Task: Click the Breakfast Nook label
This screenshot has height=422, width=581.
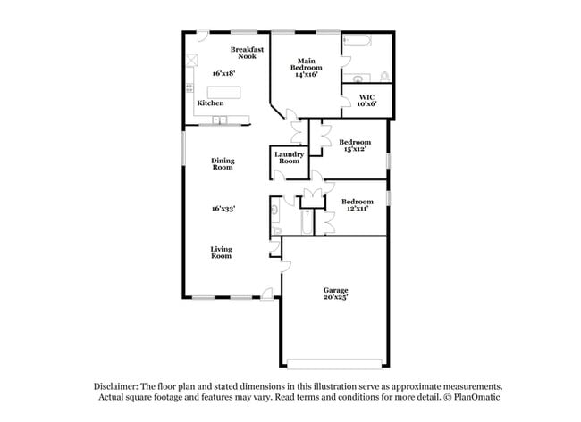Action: (x=247, y=53)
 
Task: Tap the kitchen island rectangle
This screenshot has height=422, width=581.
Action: (x=223, y=92)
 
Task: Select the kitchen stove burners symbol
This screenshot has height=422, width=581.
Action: (x=189, y=88)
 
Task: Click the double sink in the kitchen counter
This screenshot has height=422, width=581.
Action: (x=219, y=120)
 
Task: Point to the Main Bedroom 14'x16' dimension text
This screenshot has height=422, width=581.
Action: (x=307, y=74)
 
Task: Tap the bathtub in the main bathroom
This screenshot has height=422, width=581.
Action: (x=357, y=40)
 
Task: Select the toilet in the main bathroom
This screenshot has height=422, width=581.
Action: (x=385, y=77)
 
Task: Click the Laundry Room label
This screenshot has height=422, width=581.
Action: (x=289, y=158)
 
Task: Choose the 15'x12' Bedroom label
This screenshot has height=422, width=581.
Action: (x=355, y=145)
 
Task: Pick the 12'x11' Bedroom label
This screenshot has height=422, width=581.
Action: (x=358, y=205)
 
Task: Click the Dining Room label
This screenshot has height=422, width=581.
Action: (x=223, y=164)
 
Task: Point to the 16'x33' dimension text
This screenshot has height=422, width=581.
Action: (x=223, y=209)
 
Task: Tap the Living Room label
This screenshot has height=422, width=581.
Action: (x=221, y=252)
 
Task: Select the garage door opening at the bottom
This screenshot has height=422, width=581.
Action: (x=334, y=364)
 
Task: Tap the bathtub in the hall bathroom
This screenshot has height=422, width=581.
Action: (x=307, y=222)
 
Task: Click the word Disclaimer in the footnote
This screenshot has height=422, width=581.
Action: (x=116, y=387)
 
